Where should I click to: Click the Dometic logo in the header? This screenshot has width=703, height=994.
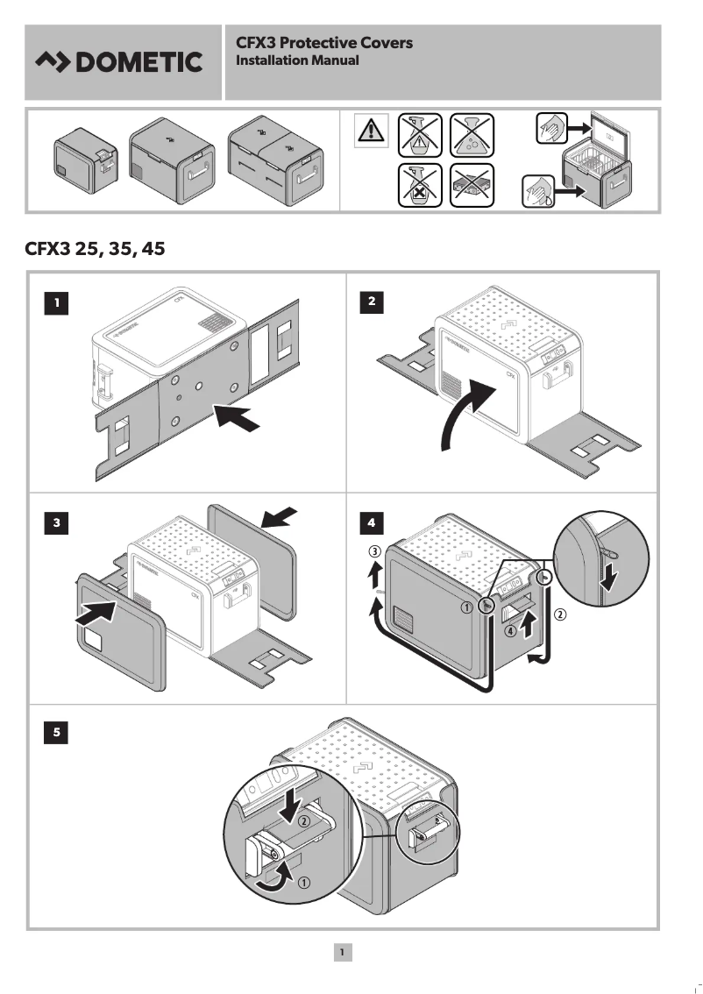coord(118,62)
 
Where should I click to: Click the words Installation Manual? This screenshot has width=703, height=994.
coord(297,60)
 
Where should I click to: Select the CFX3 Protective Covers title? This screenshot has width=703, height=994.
coord(324,42)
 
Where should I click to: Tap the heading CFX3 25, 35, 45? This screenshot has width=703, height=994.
coord(96,249)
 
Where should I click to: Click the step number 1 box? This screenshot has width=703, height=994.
coord(57,302)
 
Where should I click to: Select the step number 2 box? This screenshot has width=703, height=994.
coord(373,302)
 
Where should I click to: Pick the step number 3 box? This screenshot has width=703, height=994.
coord(57,523)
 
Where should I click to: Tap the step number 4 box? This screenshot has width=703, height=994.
coord(373,523)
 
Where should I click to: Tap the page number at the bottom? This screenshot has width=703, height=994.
coord(343,951)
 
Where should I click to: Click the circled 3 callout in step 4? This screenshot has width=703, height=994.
coord(373,552)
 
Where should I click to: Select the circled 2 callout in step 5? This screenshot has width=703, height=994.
coord(303,822)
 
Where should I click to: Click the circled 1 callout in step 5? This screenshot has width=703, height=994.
coord(303,883)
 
